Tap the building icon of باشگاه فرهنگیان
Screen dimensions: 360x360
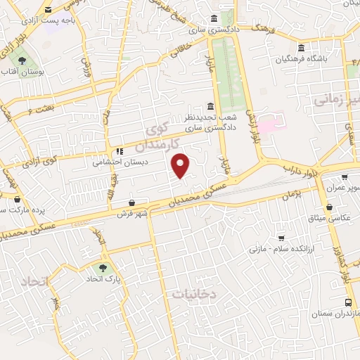(x=301, y=49)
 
